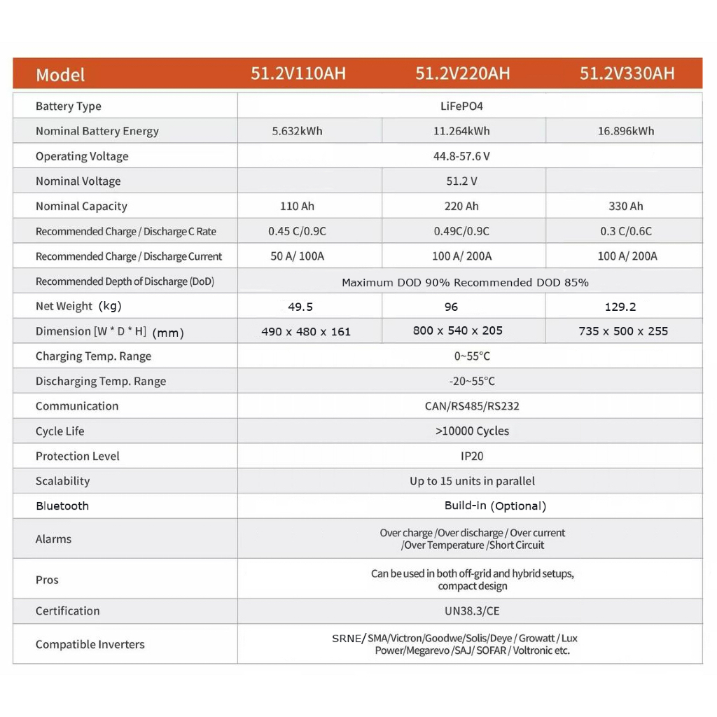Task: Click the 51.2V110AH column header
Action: click(298, 74)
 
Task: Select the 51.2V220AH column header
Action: click(462, 74)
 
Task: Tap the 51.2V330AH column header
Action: click(627, 74)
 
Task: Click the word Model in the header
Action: click(60, 75)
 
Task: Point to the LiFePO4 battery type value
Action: click(462, 106)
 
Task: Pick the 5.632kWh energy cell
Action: click(297, 131)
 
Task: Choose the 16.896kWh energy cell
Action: click(626, 131)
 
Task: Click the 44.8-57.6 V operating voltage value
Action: click(462, 156)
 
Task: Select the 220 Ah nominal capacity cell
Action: click(462, 206)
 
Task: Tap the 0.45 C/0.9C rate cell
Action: click(297, 231)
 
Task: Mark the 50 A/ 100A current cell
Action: click(297, 256)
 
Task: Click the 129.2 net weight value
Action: click(620, 307)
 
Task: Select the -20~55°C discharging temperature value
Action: click(472, 381)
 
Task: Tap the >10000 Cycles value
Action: click(472, 431)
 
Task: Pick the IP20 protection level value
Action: click(472, 456)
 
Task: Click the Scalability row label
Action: click(63, 481)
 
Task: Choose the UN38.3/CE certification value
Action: click(472, 611)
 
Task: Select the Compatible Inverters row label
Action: click(90, 644)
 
